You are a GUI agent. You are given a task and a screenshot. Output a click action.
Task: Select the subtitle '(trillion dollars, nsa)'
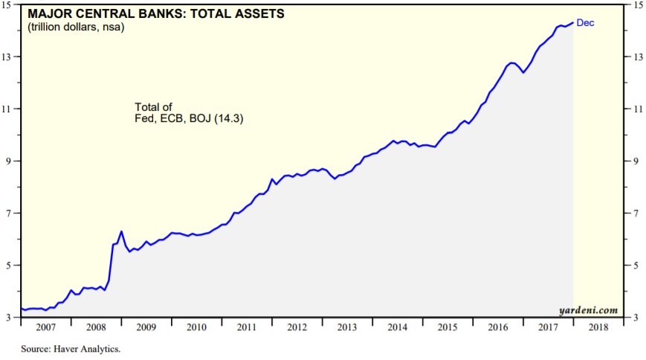76,28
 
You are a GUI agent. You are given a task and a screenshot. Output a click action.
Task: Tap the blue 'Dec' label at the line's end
586,23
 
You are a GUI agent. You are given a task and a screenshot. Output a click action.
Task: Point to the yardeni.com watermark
588,309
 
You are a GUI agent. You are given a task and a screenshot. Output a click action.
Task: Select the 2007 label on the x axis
45,327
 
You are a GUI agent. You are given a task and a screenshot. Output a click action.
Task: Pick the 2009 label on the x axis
146,327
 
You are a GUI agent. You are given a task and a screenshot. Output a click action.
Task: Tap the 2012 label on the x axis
297,327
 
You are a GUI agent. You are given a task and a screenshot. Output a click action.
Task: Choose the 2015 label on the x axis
448,327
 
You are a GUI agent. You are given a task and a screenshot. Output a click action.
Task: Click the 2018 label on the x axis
598,327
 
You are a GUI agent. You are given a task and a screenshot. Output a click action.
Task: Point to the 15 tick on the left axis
11,5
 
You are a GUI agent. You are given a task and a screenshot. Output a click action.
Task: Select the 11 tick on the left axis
11,109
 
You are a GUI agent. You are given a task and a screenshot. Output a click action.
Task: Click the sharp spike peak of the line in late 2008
121,231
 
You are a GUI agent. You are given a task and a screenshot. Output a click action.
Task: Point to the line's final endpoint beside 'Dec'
573,22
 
